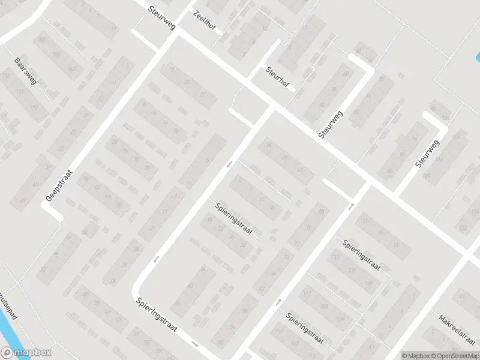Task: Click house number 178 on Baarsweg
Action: point(34,107)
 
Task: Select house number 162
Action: point(72,69)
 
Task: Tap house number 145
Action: point(368,283)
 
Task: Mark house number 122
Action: point(462,228)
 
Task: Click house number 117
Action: point(307,294)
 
